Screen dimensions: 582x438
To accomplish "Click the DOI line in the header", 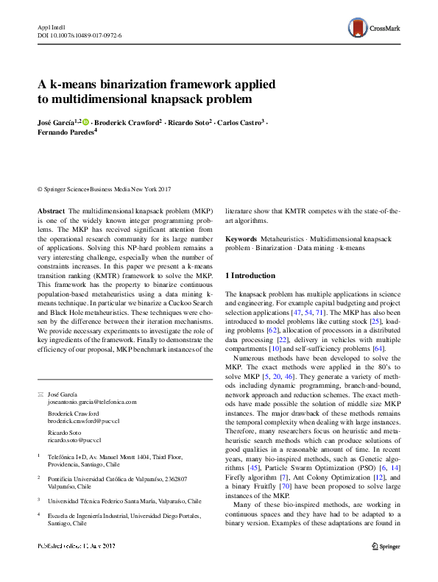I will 80,35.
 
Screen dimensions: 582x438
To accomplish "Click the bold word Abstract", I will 51,210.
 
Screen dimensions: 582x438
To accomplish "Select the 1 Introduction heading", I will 250,276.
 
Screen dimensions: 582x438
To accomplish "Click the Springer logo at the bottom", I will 384,567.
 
